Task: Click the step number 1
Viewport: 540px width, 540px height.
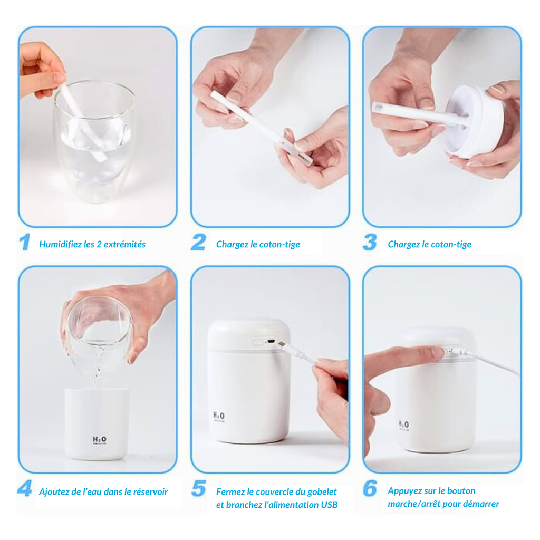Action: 24,243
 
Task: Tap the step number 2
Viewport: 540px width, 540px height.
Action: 198,243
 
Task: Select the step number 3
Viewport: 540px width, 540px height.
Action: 370,243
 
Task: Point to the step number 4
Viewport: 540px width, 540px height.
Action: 24,488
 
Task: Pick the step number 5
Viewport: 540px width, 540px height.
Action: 198,488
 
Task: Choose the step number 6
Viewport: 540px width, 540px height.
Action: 370,488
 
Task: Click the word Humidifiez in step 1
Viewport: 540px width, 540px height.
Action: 60,244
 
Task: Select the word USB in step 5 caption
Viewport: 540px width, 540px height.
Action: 329,505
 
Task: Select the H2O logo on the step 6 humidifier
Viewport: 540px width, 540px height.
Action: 403,424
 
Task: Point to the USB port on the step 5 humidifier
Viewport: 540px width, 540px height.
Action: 271,341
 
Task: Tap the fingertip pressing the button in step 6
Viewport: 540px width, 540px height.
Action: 437,352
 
